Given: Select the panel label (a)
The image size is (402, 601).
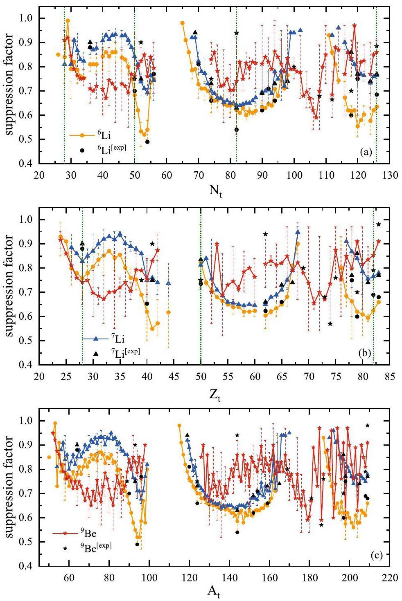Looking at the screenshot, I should click(366, 152).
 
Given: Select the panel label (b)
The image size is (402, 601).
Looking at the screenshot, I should click(365, 354).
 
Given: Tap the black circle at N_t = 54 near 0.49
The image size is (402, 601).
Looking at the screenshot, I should click(147, 142).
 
